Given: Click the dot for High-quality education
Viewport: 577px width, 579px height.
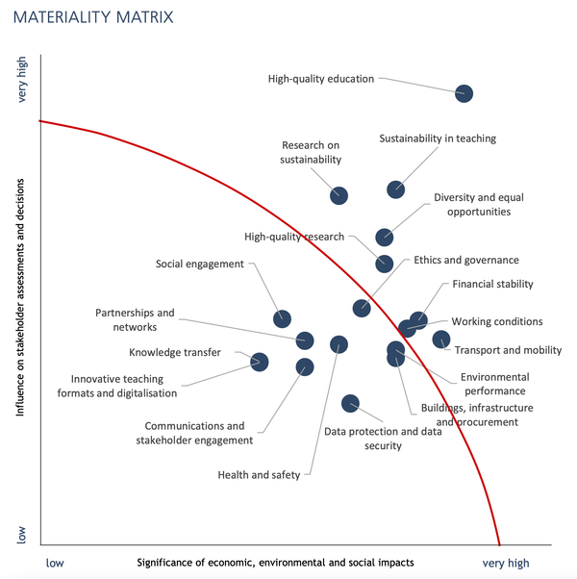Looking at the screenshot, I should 464,93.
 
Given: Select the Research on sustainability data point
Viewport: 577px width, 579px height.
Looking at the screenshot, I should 339,195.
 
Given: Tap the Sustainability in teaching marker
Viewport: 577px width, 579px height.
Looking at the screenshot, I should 395,189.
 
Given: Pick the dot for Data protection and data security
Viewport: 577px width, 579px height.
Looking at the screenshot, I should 350,403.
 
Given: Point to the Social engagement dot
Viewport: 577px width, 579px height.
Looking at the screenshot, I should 282,318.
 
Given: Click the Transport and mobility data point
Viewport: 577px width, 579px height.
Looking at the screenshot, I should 440,339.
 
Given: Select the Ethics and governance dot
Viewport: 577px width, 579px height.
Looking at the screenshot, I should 362,308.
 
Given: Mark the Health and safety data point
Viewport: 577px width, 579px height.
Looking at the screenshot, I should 339,344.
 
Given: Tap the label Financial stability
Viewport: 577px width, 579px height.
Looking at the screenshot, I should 492,284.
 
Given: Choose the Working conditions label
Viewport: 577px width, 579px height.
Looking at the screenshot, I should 496,321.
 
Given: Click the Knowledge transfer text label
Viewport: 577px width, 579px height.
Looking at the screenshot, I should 175,353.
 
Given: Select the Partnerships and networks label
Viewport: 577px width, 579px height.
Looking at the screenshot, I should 135,319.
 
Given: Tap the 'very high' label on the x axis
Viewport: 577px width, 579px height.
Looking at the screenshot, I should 505,563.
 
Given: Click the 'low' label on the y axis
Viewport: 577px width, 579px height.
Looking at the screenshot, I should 24,535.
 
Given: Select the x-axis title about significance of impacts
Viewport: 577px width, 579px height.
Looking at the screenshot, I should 275,563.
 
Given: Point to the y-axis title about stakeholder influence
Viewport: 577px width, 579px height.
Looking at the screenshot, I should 19,302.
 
